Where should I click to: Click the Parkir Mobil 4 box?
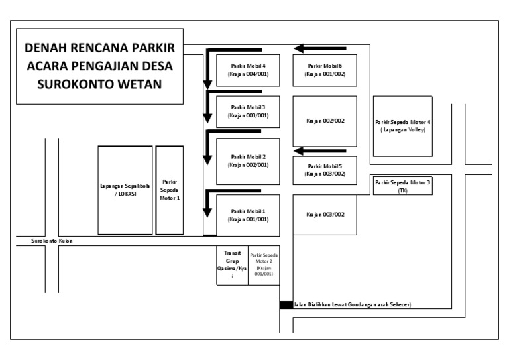point(248,70)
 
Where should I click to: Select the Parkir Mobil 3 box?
point(248,111)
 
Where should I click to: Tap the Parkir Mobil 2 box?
point(248,160)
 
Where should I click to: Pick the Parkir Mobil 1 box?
point(248,215)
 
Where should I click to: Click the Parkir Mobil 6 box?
point(325,70)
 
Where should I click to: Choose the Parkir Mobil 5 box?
point(325,169)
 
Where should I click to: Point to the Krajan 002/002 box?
point(325,121)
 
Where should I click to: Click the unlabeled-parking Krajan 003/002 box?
point(325,215)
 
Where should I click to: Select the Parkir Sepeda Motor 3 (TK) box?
point(402,185)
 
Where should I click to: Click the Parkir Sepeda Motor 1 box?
point(170,190)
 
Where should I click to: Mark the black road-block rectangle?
point(286,305)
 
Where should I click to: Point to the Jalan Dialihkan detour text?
point(352,305)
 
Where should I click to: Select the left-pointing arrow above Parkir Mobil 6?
point(308,48)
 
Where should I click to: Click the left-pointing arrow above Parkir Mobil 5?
point(308,150)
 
